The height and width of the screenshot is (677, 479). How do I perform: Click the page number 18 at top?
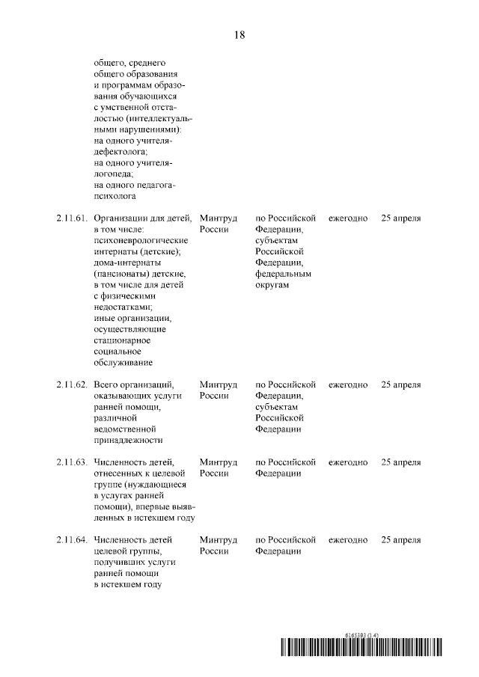(239, 34)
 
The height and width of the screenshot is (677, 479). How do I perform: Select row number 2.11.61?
(71, 218)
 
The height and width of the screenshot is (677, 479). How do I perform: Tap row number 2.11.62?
(71, 385)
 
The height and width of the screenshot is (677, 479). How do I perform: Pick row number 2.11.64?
(71, 540)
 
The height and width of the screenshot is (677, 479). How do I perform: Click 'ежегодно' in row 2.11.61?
(348, 218)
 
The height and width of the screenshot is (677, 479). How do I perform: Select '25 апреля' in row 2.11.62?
(401, 385)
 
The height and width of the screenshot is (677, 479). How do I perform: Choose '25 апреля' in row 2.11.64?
(401, 540)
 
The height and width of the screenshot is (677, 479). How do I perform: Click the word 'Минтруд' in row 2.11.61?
(219, 218)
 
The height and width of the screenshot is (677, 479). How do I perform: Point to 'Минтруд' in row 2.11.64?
(219, 540)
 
